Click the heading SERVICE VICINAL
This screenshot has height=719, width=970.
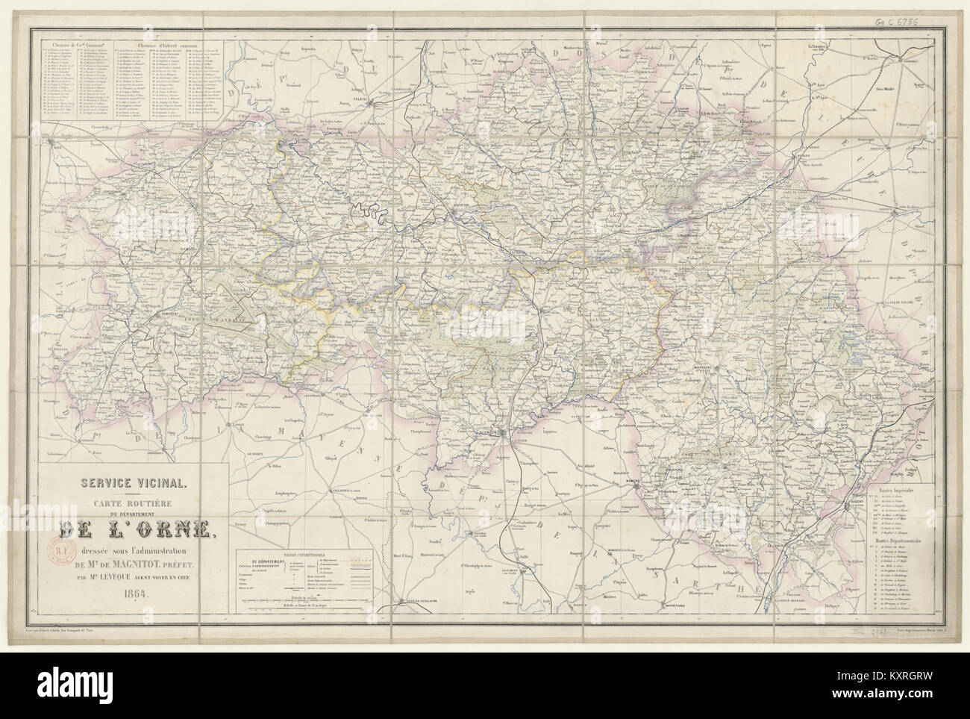click(x=125, y=481)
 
